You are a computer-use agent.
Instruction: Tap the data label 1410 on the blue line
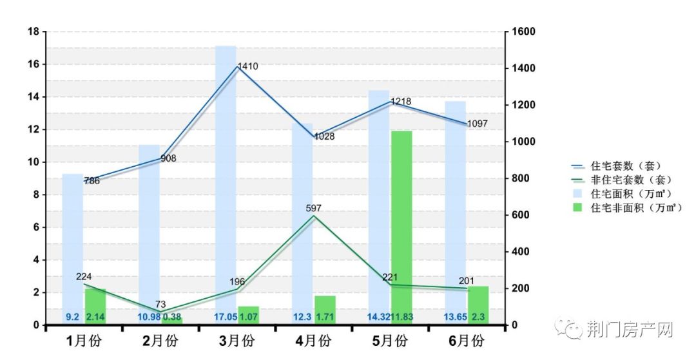(247, 66)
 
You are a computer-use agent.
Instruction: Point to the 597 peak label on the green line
(314, 208)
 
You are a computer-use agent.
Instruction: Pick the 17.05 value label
(225, 317)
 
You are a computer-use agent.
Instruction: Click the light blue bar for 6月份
(455, 206)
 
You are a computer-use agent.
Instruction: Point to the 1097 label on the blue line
(478, 123)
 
